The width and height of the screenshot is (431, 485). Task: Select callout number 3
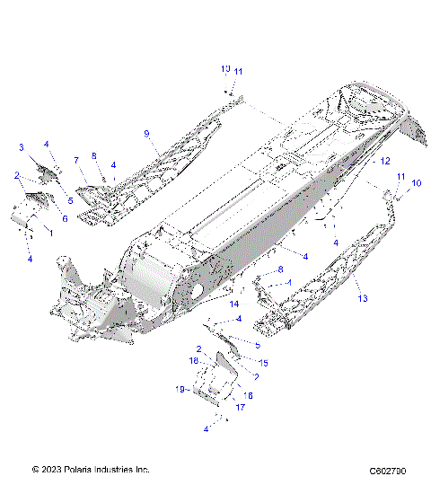click(x=22, y=146)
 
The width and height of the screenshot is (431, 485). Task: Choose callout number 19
click(x=179, y=389)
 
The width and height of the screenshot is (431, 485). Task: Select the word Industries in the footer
click(x=114, y=470)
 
